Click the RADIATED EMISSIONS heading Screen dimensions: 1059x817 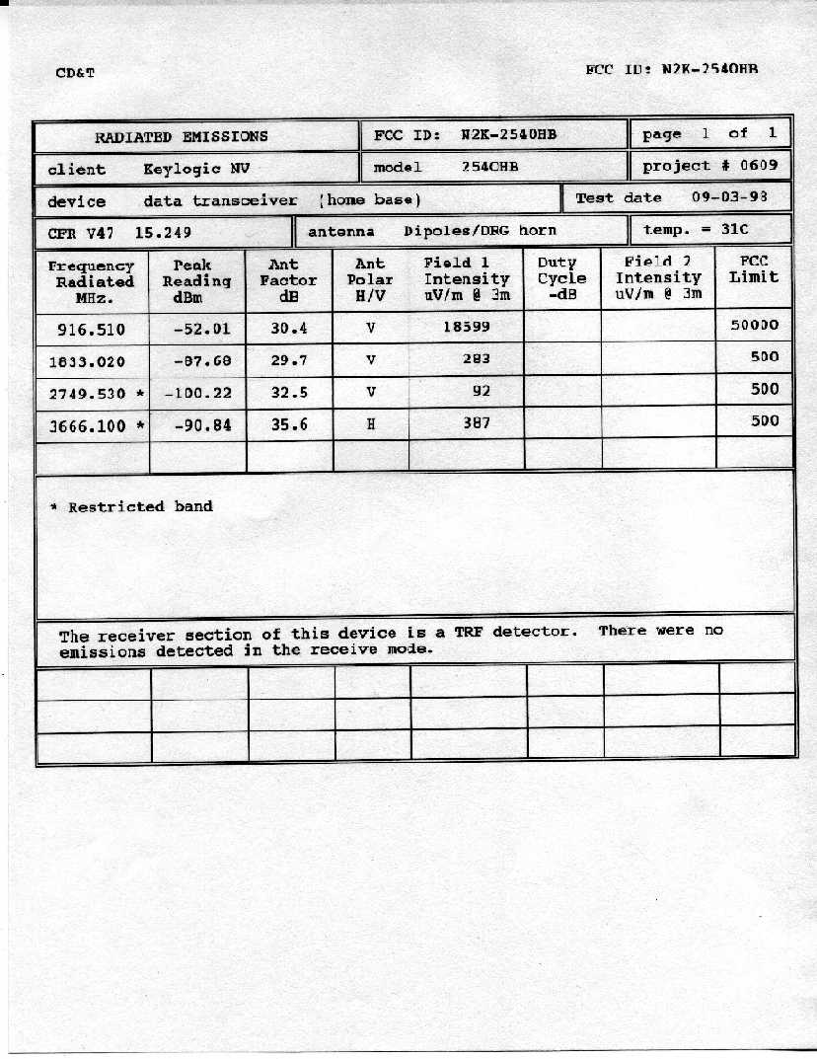(x=181, y=136)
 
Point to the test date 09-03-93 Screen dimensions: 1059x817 (x=729, y=197)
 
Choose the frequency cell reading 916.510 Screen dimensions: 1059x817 (x=88, y=330)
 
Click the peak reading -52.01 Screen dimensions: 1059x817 (x=200, y=330)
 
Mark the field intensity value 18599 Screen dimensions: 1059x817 (x=466, y=326)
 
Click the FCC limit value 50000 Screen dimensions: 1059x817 (x=755, y=325)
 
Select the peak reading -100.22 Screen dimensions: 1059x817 (x=198, y=393)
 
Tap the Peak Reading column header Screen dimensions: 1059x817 (x=196, y=280)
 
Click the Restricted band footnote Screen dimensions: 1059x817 (x=131, y=506)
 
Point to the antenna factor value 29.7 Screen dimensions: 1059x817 (x=289, y=360)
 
